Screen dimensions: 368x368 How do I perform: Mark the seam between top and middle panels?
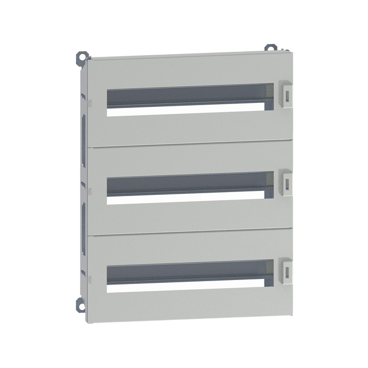pos(190,143)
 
